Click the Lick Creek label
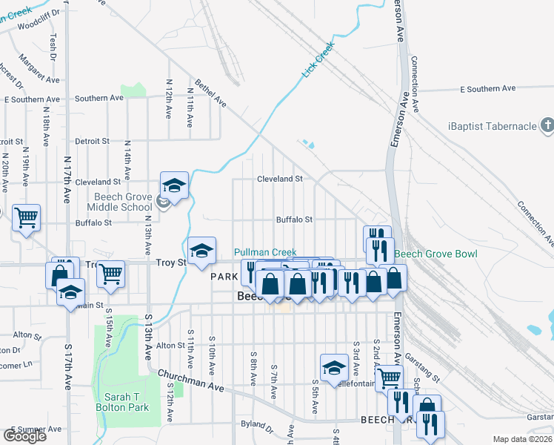pos(318,60)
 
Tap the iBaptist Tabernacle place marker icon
pos(547,126)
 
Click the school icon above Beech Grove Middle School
pos(174,185)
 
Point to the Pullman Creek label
pos(265,253)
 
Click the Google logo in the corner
pos(24,436)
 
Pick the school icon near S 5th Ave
pos(334,366)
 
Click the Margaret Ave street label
pos(34,67)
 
